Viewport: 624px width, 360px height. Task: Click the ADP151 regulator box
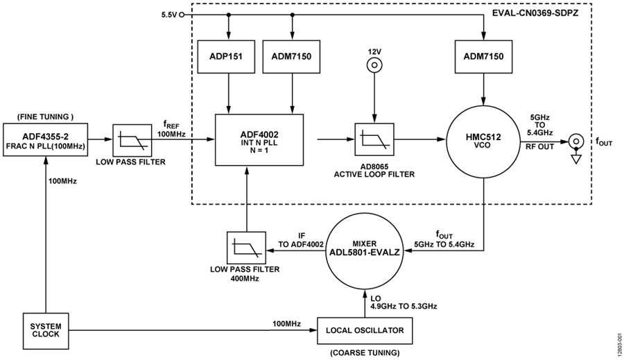(x=226, y=56)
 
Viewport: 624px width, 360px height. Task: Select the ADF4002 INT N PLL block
(x=259, y=140)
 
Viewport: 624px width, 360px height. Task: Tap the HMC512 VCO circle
(x=483, y=141)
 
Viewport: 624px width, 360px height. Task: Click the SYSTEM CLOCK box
(x=46, y=330)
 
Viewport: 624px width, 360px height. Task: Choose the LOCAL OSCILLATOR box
(x=365, y=331)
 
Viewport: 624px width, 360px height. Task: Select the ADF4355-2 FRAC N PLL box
(x=45, y=140)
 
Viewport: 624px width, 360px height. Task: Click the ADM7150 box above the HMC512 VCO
(x=483, y=56)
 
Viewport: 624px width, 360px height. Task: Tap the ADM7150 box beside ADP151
(x=292, y=56)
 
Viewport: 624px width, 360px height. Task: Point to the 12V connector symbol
(x=374, y=65)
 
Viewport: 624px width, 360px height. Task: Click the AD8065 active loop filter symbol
(x=374, y=139)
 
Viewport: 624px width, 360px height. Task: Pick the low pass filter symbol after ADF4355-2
(x=132, y=140)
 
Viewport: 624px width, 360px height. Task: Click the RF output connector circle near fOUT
(x=576, y=141)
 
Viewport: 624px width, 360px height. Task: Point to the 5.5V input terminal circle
(x=182, y=15)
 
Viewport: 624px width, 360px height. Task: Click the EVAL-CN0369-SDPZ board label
(x=535, y=13)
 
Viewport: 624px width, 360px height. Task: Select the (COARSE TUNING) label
(x=365, y=352)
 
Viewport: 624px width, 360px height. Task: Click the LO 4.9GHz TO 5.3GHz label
(x=404, y=302)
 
